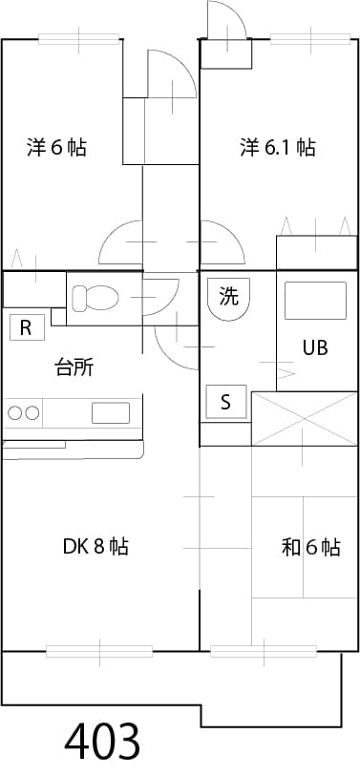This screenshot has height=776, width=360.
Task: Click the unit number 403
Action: click(x=103, y=741)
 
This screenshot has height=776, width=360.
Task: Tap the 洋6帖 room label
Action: click(x=57, y=148)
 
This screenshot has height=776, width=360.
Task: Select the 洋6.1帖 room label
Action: click(x=277, y=148)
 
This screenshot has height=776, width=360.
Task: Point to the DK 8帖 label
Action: click(x=95, y=547)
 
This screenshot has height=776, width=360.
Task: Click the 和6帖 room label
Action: click(x=310, y=548)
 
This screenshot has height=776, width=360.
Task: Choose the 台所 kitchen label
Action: click(x=74, y=368)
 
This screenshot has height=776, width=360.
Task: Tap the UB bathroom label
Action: click(x=315, y=347)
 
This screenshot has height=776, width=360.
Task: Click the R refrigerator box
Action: click(x=26, y=328)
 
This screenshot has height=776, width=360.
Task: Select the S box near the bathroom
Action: click(x=226, y=402)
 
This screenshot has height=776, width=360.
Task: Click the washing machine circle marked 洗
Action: click(x=228, y=298)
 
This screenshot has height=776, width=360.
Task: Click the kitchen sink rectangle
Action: click(x=110, y=413)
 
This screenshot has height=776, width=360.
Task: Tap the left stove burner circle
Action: click(x=16, y=413)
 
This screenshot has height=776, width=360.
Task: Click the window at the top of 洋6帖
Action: click(x=81, y=39)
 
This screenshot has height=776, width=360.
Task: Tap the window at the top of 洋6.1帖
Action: click(x=311, y=39)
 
